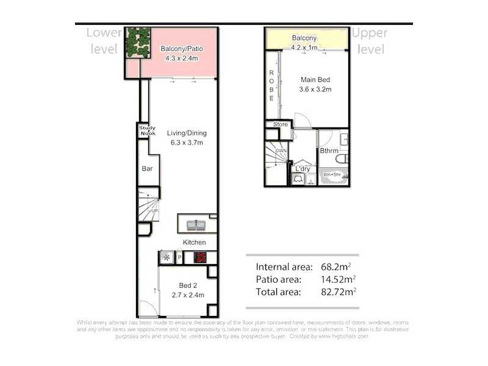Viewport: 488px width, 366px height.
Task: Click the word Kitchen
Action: [x=195, y=242]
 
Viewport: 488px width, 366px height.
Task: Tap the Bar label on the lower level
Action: [x=147, y=168]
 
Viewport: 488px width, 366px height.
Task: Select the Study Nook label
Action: [x=147, y=131]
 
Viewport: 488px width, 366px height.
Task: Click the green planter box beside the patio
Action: [x=138, y=42]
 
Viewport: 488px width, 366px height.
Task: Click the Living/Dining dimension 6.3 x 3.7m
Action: [x=187, y=143]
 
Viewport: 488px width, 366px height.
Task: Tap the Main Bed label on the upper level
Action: [x=315, y=79]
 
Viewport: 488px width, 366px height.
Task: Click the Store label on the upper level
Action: [x=280, y=124]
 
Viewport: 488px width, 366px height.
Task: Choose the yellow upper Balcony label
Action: [x=307, y=38]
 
